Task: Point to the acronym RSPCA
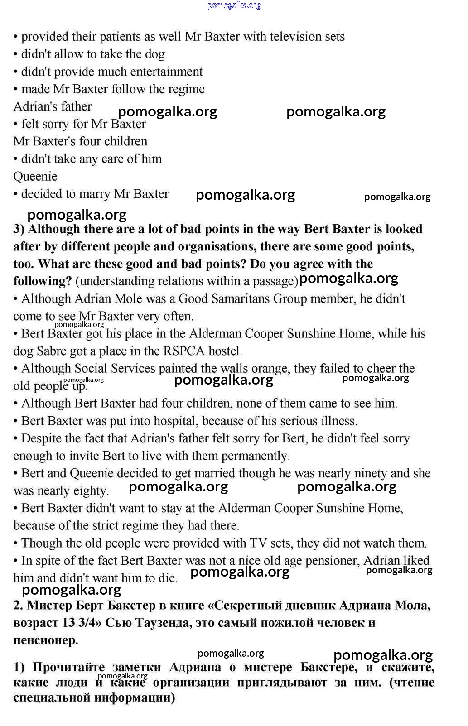coord(189,351)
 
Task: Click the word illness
coord(336,421)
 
